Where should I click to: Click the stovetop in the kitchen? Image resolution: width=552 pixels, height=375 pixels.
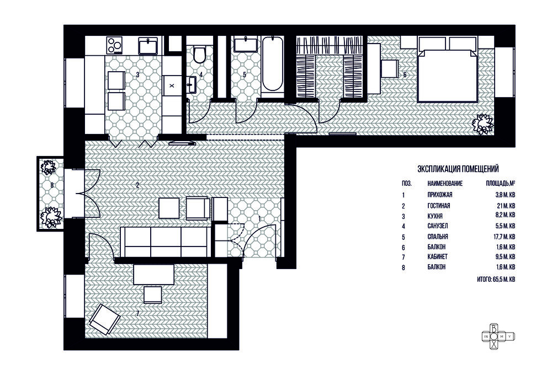pyautogui.click(x=114, y=45)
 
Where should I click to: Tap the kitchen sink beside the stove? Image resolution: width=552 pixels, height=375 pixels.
pyautogui.click(x=148, y=46)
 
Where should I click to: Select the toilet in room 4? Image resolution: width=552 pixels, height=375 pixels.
pyautogui.click(x=200, y=54)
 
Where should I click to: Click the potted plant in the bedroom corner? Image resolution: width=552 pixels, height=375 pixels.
pyautogui.click(x=482, y=124)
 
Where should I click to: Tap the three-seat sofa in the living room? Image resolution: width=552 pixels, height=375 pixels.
pyautogui.click(x=166, y=242)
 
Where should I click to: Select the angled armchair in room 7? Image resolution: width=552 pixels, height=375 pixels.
pyautogui.click(x=105, y=319)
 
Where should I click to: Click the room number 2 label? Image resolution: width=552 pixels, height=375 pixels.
pyautogui.click(x=137, y=185)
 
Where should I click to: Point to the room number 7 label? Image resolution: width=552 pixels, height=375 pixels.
pyautogui.click(x=137, y=313)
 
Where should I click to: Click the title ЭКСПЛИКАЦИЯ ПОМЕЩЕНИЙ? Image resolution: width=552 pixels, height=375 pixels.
pyautogui.click(x=458, y=169)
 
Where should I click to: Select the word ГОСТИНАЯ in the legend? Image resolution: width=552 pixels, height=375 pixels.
pyautogui.click(x=439, y=206)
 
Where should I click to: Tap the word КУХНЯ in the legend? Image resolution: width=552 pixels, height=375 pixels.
pyautogui.click(x=435, y=216)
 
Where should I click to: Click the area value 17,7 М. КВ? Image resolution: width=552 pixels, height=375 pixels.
pyautogui.click(x=505, y=237)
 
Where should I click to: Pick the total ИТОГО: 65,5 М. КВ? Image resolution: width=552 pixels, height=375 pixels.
pyautogui.click(x=496, y=280)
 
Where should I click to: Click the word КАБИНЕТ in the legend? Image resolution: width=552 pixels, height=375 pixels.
pyautogui.click(x=438, y=257)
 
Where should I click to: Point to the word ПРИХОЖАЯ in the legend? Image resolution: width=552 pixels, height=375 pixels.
pyautogui.click(x=440, y=195)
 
